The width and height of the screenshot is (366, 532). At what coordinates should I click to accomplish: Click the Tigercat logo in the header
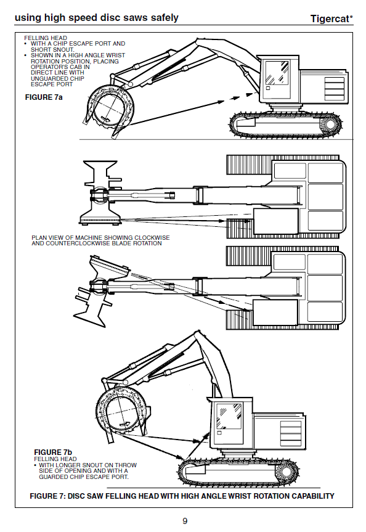pos(331,18)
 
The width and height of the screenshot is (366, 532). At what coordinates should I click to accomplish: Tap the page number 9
pos(185,521)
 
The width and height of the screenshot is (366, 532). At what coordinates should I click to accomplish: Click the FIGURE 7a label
pos(44,97)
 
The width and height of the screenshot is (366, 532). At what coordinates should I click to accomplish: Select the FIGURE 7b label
pos(53,452)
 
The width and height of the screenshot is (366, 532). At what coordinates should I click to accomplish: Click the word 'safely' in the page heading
pos(165,18)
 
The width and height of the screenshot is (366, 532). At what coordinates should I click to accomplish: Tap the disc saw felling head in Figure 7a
pos(108,108)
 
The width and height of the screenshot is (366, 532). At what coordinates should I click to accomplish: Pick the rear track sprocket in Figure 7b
pos(287,472)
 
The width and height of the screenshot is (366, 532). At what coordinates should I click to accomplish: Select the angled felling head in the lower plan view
pos(102,291)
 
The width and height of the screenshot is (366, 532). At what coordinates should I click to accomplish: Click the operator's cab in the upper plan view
pos(276,221)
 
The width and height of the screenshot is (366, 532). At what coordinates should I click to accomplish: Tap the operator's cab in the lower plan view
pos(275,312)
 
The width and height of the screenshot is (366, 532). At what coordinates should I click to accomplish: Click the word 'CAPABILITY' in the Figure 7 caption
pos(313,496)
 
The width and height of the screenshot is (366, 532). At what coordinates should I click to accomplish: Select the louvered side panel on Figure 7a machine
pos(335,89)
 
